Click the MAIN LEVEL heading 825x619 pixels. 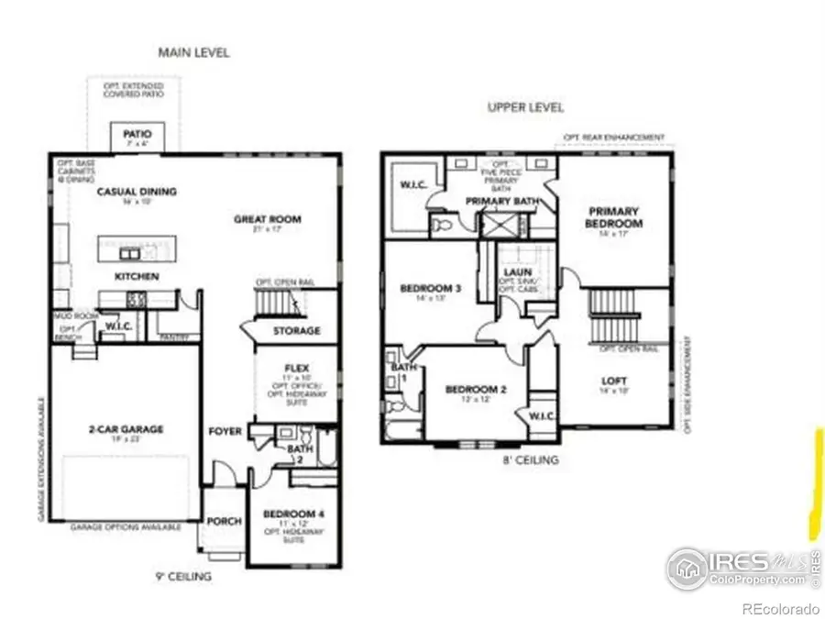(193, 52)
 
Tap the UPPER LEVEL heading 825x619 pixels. (525, 107)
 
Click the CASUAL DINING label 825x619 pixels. (137, 192)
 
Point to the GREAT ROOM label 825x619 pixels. (268, 219)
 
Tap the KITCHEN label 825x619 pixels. (137, 276)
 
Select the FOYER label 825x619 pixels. (225, 431)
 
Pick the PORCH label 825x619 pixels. (224, 521)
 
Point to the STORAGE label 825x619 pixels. (296, 330)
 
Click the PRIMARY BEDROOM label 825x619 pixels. (615, 216)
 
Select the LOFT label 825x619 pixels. (614, 381)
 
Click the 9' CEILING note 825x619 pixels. (184, 577)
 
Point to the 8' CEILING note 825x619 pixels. (531, 460)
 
